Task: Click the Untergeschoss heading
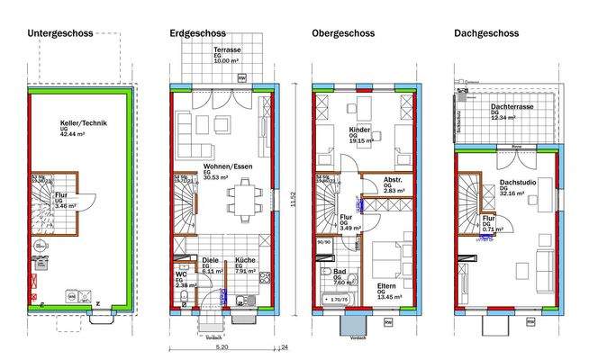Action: click(x=61, y=33)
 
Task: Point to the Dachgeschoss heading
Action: click(x=486, y=33)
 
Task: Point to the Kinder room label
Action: click(x=359, y=130)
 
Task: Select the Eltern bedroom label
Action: click(x=387, y=286)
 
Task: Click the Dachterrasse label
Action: click(x=510, y=106)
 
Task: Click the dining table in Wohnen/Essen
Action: click(x=240, y=198)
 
